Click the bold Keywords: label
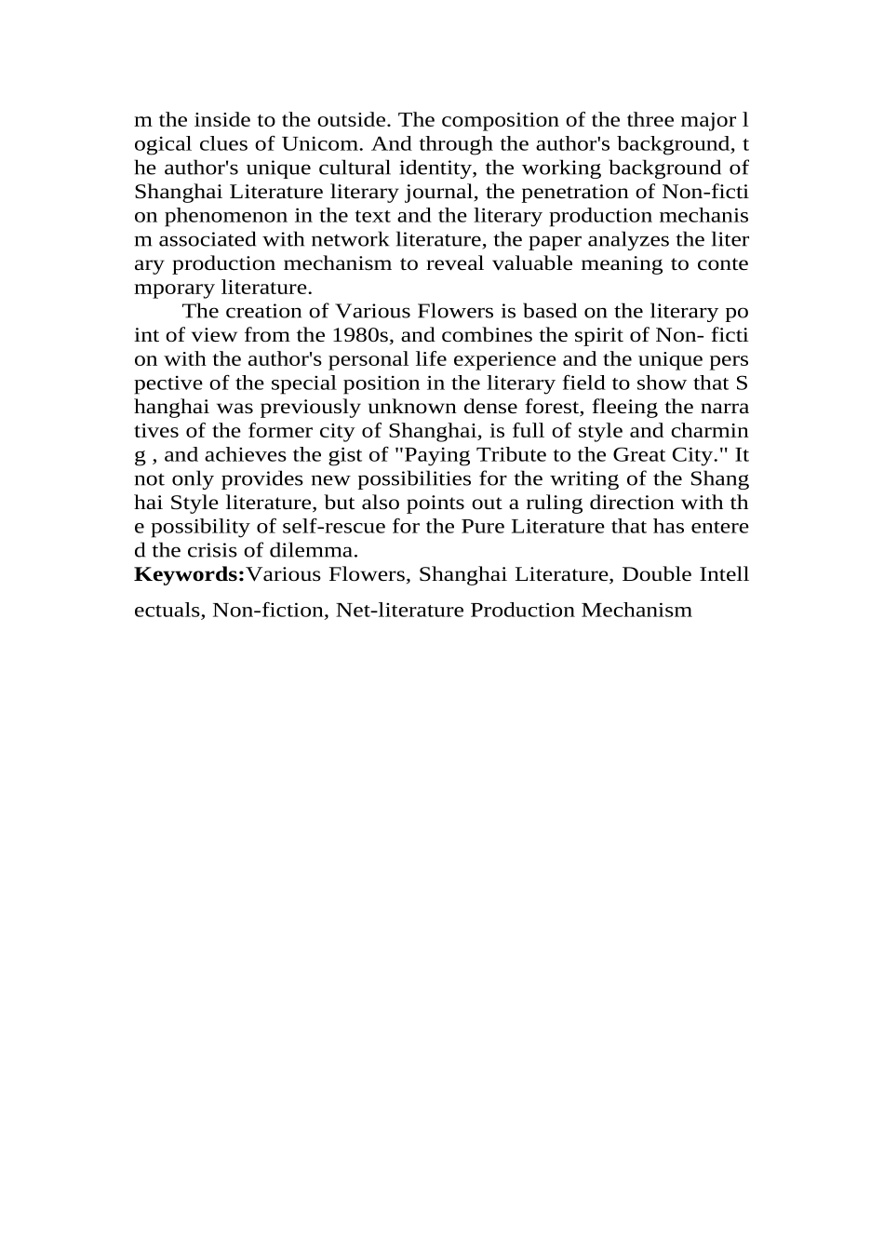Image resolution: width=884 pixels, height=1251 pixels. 189,574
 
